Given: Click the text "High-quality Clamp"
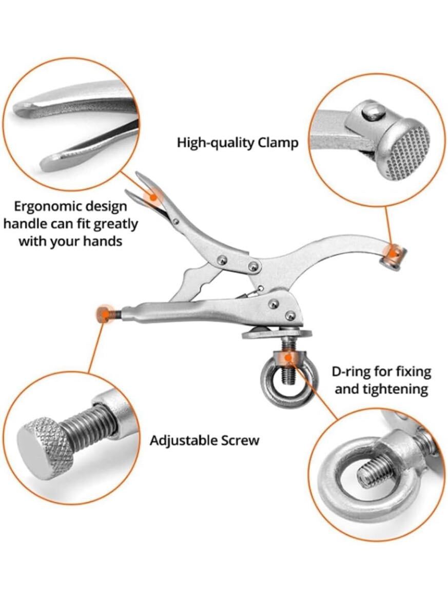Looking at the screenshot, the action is coord(238,142).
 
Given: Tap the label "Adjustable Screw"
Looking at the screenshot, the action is coord(204,440).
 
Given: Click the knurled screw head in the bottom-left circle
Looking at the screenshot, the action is coord(44,443).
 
